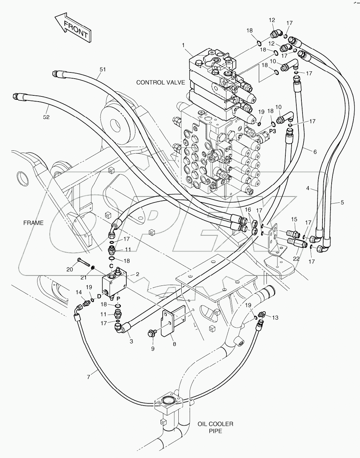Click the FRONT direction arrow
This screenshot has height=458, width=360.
72,29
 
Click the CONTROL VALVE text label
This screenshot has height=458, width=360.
161,82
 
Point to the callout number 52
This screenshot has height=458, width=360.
46,117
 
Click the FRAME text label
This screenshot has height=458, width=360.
33,223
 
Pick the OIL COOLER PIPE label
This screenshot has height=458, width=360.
215,427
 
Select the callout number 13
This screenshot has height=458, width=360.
275,317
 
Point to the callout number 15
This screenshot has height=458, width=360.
294,219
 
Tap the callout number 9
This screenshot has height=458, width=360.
153,348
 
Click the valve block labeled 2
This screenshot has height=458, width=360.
114,282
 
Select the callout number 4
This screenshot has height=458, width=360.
308,189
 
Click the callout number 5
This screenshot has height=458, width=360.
342,202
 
